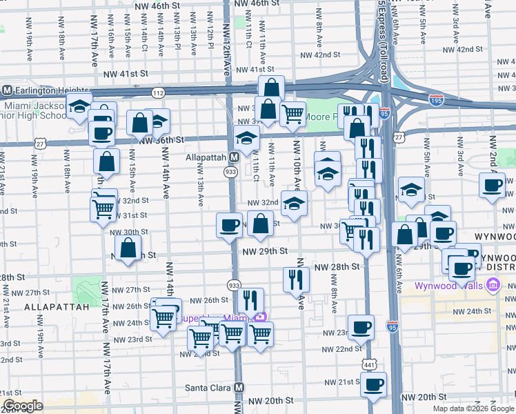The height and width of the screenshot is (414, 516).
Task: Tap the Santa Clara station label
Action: click(x=209, y=388)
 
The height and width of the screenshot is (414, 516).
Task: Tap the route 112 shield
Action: click(x=158, y=92)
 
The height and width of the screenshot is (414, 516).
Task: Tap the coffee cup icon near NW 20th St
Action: click(x=373, y=384)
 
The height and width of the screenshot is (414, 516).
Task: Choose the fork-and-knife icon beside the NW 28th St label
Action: click(x=296, y=279)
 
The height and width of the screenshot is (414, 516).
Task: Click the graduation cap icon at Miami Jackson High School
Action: click(x=80, y=107)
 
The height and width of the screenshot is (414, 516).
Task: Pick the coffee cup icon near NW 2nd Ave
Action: click(x=493, y=184)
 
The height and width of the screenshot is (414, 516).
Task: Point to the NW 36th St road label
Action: click(x=161, y=139)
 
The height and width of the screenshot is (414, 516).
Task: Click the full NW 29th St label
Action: click(x=264, y=253)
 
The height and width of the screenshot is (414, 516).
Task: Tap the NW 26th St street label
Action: click(x=209, y=300)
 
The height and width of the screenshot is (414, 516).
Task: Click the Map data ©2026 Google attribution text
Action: click(x=473, y=408)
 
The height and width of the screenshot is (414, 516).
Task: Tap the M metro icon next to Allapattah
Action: click(x=234, y=157)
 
